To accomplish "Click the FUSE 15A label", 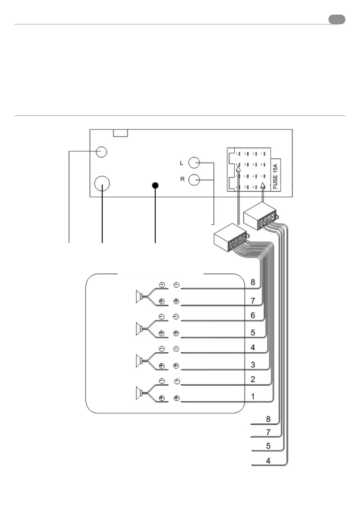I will pos(275,173).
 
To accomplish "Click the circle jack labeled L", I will pos(194,163).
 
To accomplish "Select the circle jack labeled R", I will pos(194,179).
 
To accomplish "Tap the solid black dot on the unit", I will pos(155,185).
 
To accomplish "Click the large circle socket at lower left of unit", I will pos(102,184).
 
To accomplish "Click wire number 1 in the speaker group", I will pos(253,397).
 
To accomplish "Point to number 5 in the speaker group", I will pos(253,332).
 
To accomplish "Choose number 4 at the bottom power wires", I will pos(268,462).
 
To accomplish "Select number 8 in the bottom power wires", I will pos(268,418).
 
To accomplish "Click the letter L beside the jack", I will pos(182,163).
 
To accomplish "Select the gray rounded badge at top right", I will pos(337,19).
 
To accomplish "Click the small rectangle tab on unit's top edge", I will pos(120,133).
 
